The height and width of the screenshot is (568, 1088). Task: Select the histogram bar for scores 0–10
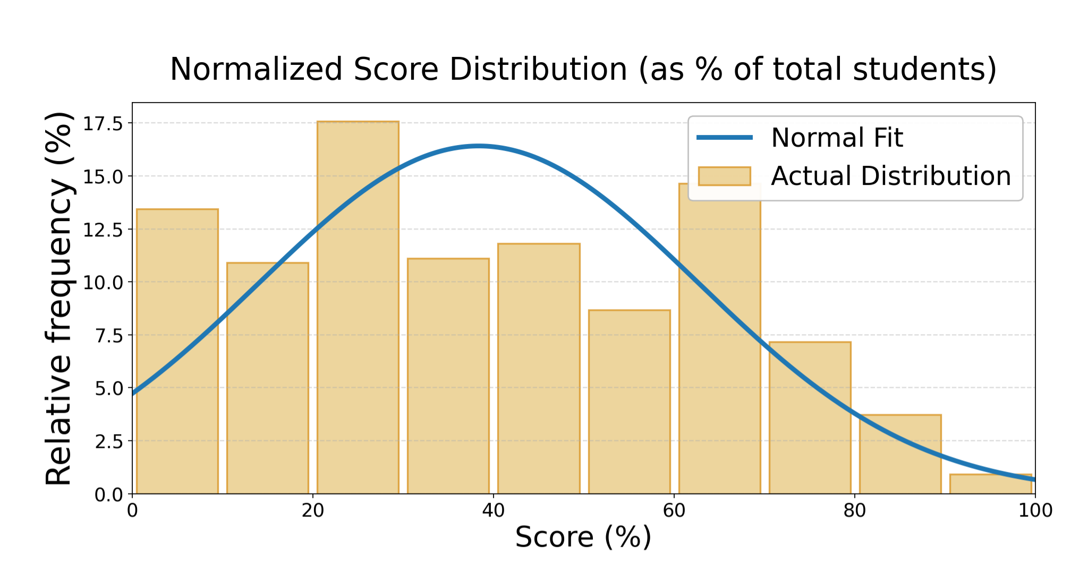point(177,351)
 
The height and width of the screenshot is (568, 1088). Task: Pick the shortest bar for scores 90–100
point(991,484)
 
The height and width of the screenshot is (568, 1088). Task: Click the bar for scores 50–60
point(629,402)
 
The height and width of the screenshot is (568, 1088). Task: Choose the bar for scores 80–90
point(900,454)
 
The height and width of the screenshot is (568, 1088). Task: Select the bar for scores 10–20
point(267,378)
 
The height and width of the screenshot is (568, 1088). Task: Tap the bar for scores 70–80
point(810,418)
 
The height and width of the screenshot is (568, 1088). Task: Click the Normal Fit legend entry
point(836,138)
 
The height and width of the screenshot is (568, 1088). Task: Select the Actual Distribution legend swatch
point(724,176)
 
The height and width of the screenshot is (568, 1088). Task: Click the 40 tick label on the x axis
point(493,511)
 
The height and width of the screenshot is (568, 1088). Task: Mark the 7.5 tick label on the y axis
point(108,335)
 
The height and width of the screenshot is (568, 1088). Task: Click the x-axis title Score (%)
point(583,537)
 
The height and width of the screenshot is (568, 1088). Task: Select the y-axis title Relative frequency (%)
point(58,298)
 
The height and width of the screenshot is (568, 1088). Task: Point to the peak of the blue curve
point(478,146)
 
